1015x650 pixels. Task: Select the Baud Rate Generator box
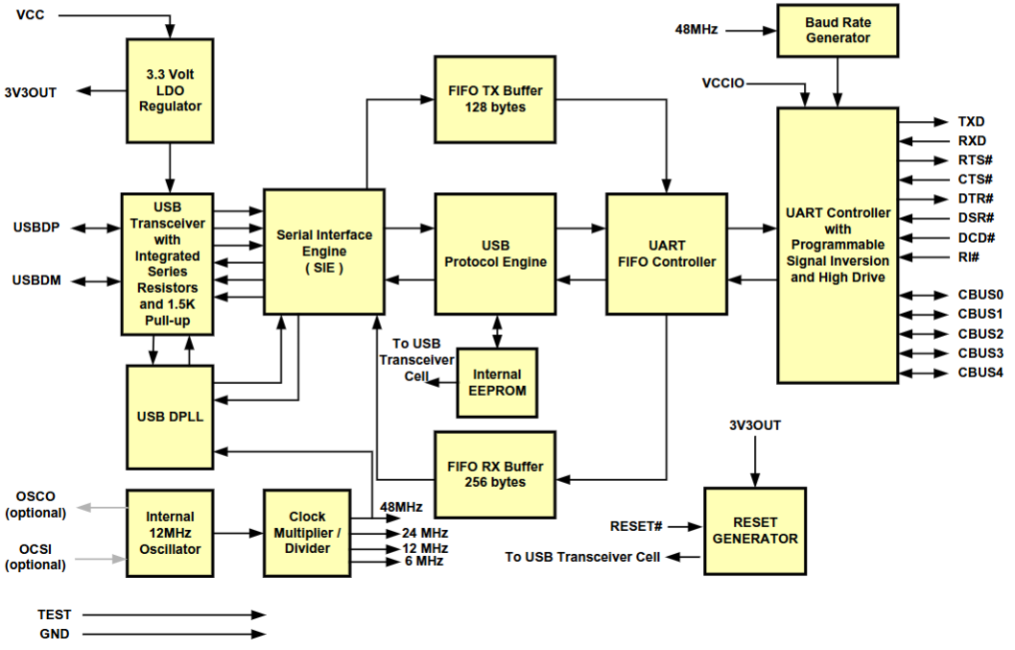[x=838, y=30]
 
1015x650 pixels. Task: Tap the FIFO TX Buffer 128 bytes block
[x=494, y=99]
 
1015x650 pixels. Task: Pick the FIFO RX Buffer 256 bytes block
[x=494, y=474]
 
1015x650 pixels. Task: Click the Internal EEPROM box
[x=497, y=381]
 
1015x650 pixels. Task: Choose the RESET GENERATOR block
[x=754, y=531]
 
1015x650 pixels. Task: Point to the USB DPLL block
[x=170, y=417]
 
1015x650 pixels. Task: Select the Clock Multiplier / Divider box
[x=306, y=532]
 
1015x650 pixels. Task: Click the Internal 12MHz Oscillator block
[x=170, y=532]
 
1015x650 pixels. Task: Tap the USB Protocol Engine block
[x=494, y=253]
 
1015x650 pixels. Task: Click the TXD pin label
[x=971, y=122]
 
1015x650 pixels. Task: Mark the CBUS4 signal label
[x=980, y=373]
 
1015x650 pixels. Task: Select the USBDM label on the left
[x=36, y=281]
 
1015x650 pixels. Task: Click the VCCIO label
[x=723, y=84]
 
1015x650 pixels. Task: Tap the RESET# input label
[x=636, y=526]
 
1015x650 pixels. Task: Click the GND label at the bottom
[x=54, y=634]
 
